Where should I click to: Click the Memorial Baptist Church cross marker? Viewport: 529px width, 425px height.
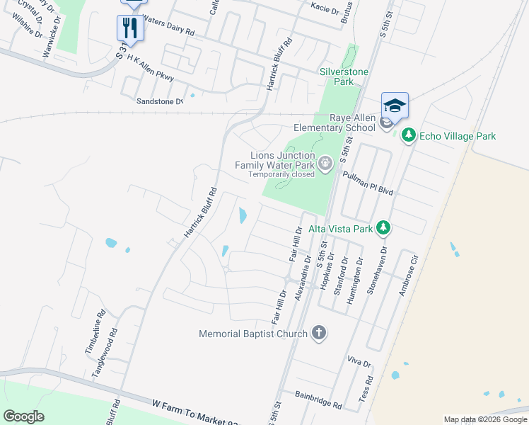(x=319, y=333)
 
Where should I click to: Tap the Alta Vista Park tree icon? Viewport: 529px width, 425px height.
(x=383, y=228)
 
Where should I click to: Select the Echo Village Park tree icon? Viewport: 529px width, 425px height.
(x=407, y=135)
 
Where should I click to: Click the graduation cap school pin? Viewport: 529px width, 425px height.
(x=395, y=106)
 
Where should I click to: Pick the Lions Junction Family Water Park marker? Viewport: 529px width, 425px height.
(x=325, y=164)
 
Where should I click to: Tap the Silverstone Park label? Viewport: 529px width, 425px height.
(x=336, y=76)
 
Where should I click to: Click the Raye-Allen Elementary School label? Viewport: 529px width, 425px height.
(x=335, y=123)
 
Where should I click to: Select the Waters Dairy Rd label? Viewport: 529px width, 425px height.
(x=168, y=28)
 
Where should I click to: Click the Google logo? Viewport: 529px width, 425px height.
(x=23, y=416)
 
